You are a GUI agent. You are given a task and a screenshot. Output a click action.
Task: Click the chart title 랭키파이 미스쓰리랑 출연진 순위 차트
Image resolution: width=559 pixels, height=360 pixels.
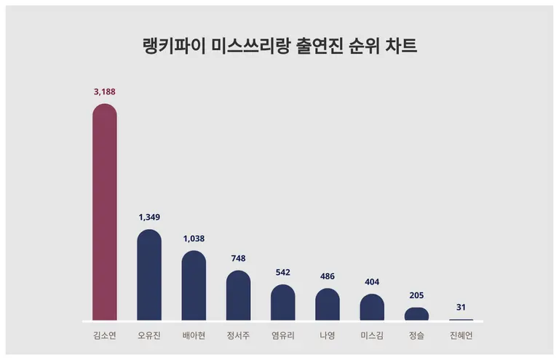(x=279, y=47)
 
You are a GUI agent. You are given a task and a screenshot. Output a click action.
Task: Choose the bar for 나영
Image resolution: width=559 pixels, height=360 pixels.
(x=328, y=305)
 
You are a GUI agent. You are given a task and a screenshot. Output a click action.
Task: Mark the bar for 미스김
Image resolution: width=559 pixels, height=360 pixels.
(x=372, y=308)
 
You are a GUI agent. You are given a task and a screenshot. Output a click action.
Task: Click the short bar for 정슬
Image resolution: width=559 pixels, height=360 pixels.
(x=416, y=314)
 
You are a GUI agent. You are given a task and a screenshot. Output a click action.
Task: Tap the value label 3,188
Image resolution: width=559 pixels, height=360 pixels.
(x=105, y=92)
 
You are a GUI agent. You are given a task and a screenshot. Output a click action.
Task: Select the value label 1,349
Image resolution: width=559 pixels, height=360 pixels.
(x=149, y=217)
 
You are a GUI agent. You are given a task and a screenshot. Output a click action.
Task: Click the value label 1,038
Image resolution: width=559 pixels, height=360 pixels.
(x=194, y=238)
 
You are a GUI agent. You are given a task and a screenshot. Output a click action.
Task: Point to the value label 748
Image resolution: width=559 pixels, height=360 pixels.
(x=238, y=258)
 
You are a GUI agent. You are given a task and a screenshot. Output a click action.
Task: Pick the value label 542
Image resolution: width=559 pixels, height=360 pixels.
(x=283, y=272)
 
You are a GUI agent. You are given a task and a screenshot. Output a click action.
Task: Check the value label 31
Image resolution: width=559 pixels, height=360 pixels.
(x=461, y=307)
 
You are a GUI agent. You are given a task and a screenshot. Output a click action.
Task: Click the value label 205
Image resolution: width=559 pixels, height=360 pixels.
(x=416, y=295)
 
